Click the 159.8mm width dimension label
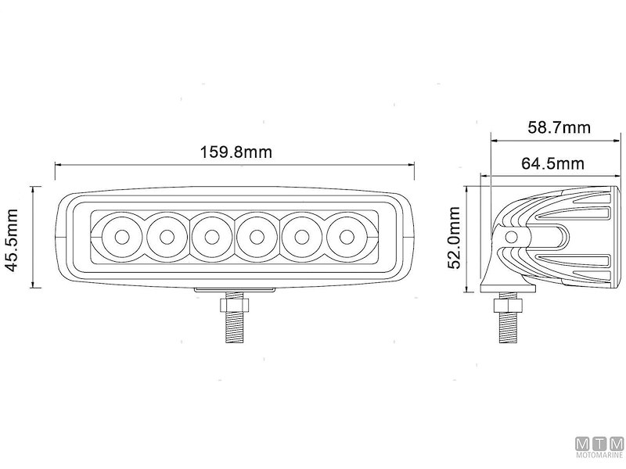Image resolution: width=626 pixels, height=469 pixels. [236, 152]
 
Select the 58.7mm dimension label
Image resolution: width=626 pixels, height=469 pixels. [559, 127]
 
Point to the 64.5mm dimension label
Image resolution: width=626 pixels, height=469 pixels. [552, 163]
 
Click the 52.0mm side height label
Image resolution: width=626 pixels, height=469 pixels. [454, 238]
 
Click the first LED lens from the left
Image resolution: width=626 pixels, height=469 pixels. [122, 238]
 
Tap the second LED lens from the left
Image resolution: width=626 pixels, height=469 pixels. [167, 238]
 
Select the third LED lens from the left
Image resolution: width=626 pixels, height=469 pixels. [211, 238]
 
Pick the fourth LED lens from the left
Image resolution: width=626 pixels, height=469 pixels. [257, 238]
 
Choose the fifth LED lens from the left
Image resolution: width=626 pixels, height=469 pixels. [301, 238]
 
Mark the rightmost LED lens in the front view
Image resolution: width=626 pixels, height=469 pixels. [347, 238]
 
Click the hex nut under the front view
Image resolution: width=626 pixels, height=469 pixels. [234, 306]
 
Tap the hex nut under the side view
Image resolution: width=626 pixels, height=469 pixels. [508, 306]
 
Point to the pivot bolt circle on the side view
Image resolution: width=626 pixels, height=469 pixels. [512, 238]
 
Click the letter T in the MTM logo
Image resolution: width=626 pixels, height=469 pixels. [599, 444]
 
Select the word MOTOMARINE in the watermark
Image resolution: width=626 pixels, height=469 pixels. [599, 455]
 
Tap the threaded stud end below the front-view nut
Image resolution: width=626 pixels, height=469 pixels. [234, 328]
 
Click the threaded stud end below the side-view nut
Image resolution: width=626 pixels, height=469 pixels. [508, 328]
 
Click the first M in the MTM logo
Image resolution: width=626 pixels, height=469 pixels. [583, 444]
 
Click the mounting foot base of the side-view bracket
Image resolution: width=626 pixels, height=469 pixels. [508, 287]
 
